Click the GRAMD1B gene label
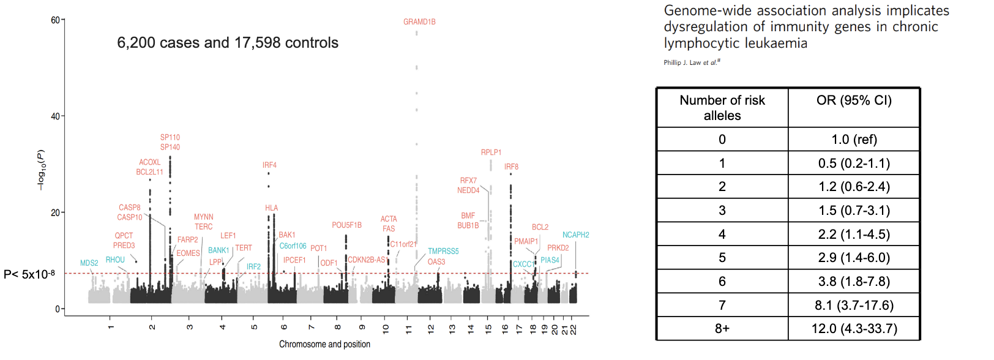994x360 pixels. click(419, 22)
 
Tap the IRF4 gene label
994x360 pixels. click(269, 165)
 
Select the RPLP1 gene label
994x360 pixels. click(491, 152)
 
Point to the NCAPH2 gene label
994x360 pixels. click(575, 235)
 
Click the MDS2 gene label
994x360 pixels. click(89, 263)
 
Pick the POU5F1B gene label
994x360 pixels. click(346, 225)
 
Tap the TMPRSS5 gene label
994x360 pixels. click(443, 252)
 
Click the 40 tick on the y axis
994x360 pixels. click(55, 116)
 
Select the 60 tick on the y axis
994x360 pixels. click(55, 20)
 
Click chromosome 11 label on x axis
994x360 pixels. click(409, 329)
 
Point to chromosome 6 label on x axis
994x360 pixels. click(284, 327)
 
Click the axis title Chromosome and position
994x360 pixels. click(324, 344)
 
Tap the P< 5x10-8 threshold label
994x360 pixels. click(29, 274)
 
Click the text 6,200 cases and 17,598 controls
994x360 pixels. click(228, 43)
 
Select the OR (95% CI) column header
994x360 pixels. click(854, 100)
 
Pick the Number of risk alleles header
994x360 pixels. click(722, 108)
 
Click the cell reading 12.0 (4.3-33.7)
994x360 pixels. click(854, 329)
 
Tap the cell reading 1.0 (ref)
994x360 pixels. click(854, 140)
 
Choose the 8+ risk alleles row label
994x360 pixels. click(722, 329)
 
